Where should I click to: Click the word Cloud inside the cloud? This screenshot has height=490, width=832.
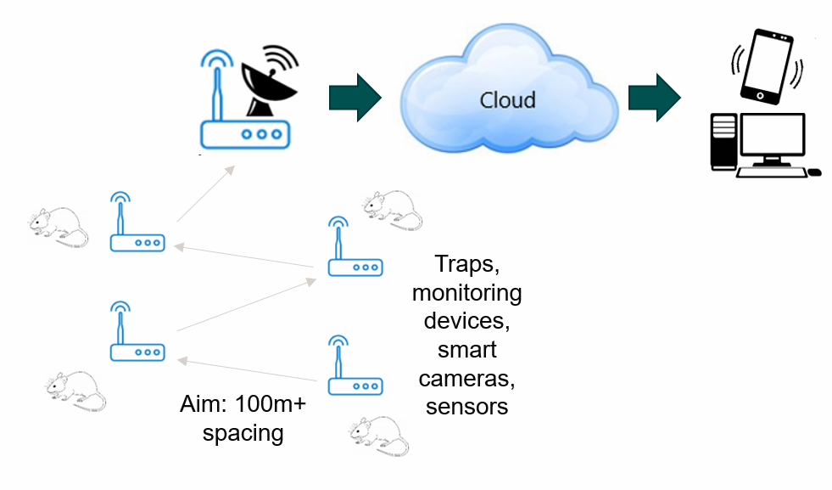[507, 99]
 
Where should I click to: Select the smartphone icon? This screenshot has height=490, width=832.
[765, 66]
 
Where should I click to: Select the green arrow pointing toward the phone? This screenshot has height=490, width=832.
[654, 98]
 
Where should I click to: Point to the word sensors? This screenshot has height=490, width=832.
[466, 406]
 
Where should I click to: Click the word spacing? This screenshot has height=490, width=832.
[244, 432]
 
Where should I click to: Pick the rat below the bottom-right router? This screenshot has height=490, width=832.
[379, 436]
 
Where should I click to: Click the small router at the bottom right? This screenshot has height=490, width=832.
[355, 374]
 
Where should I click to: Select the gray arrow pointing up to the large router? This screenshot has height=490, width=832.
[204, 192]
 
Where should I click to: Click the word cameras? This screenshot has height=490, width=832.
[467, 377]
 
